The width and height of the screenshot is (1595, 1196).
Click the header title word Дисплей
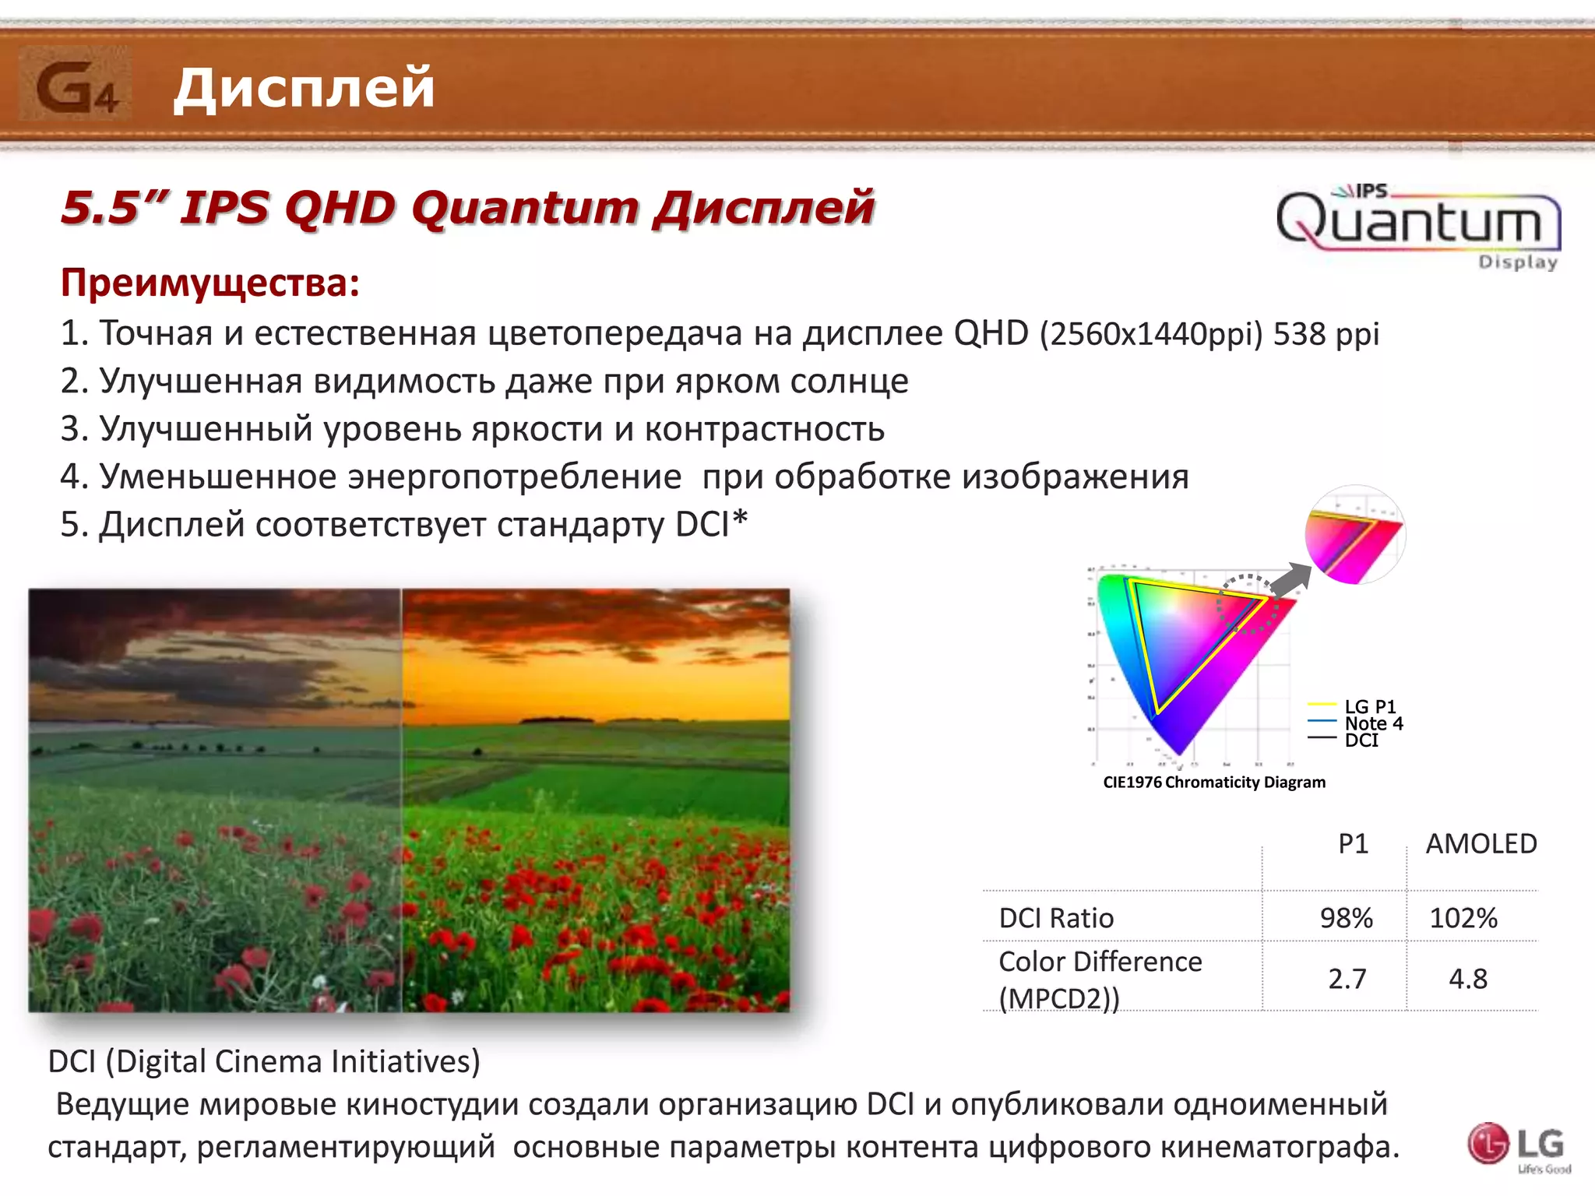point(304,87)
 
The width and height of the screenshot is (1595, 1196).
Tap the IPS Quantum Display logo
point(1417,225)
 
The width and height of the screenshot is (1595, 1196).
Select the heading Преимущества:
point(210,283)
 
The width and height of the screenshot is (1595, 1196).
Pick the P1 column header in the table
point(1353,844)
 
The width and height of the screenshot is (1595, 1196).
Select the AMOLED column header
point(1481,844)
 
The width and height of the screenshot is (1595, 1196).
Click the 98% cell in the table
point(1346,918)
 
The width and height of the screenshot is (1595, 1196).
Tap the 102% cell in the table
point(1463,918)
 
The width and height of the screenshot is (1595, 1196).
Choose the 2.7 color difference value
point(1347,979)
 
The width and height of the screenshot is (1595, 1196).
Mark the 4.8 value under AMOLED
point(1467,979)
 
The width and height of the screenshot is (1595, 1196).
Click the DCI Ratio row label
point(1056,918)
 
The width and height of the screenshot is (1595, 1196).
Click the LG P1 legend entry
point(1370,706)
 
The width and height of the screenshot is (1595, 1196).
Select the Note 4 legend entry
point(1374,723)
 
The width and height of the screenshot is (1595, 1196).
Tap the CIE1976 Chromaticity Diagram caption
point(1213,783)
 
